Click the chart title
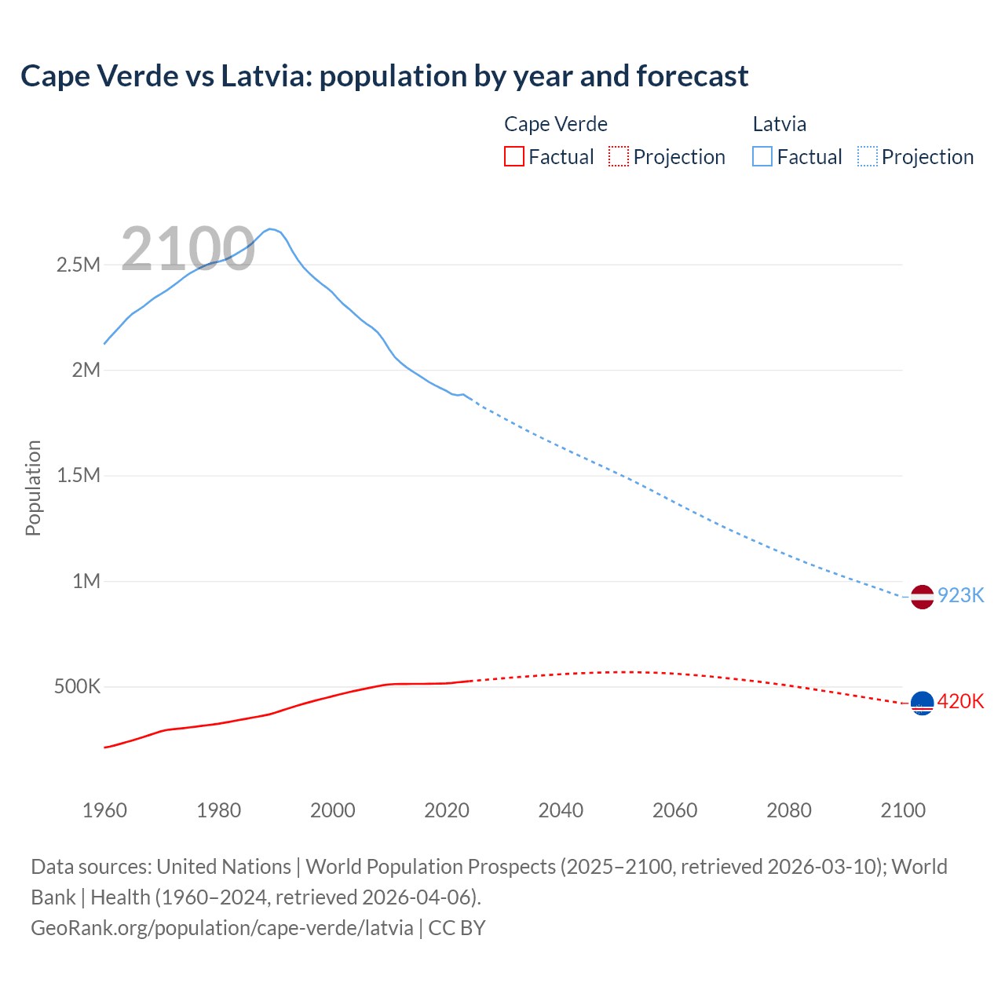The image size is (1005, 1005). click(x=384, y=76)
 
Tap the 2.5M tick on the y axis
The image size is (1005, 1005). click(x=79, y=265)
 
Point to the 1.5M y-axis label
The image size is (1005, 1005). click(x=79, y=476)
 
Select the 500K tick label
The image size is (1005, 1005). click(x=77, y=687)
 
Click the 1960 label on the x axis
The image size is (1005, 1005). click(x=104, y=810)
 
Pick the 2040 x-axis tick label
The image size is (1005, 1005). click(x=561, y=810)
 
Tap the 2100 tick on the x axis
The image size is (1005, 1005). click(x=903, y=810)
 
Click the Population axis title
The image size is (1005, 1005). click(x=33, y=488)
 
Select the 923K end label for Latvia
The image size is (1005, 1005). click(x=960, y=595)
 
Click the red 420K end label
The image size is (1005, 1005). click(x=960, y=701)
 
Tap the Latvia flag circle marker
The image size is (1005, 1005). click(x=922, y=597)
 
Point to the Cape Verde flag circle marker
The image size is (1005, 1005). click(x=922, y=703)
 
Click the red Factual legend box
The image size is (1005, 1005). click(x=513, y=156)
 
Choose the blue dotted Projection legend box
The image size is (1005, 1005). click(x=868, y=156)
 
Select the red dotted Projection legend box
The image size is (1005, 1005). click(x=619, y=156)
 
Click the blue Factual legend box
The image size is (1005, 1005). click(x=762, y=156)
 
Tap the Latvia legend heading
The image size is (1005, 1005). click(x=779, y=124)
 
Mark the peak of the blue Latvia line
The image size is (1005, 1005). click(x=270, y=229)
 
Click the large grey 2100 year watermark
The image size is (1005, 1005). click(x=188, y=249)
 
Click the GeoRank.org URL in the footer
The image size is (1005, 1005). click(x=222, y=927)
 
